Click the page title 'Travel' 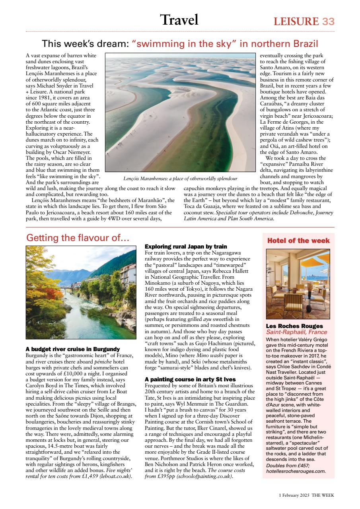[x=179, y=20]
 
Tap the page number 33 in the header [x=328, y=21]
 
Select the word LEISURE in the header [x=296, y=21]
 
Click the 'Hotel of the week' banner [x=298, y=241]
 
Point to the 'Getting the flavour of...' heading [x=78, y=238]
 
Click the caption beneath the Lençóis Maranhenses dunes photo [x=181, y=179]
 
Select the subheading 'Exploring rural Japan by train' [x=186, y=247]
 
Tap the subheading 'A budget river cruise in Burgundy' [x=72, y=349]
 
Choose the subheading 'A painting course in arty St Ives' [x=190, y=379]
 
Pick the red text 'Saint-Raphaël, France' [x=296, y=332]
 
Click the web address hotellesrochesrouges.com [x=296, y=471]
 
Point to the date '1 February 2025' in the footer [x=294, y=495]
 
